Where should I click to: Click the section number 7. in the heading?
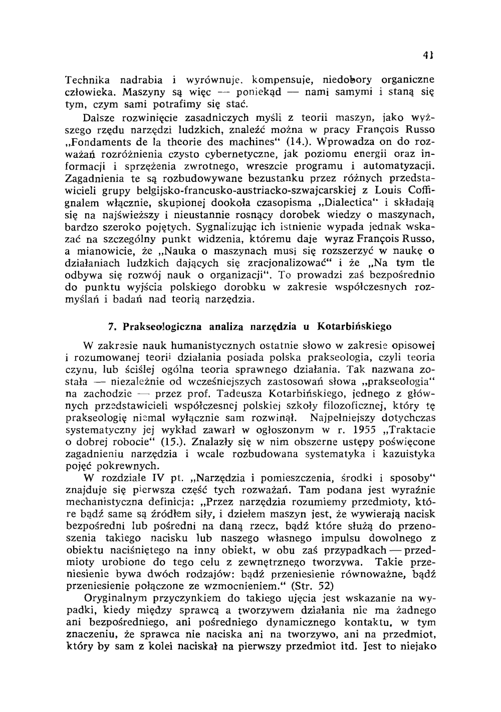click(x=112, y=327)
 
